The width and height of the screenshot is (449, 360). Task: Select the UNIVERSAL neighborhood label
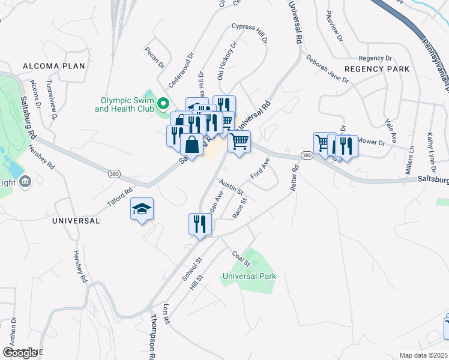pyautogui.click(x=76, y=221)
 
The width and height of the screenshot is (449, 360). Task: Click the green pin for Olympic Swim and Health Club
pyautogui.click(x=161, y=105)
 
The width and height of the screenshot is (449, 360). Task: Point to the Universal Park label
pyautogui.click(x=249, y=277)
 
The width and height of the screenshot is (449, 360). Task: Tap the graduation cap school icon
pyautogui.click(x=142, y=209)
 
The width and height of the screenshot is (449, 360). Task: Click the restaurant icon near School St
pyautogui.click(x=200, y=224)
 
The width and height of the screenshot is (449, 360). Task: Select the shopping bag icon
pyautogui.click(x=191, y=145)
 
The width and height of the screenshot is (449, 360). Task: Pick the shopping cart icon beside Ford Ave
pyautogui.click(x=239, y=142)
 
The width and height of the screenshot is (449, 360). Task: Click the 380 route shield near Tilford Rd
pyautogui.click(x=114, y=173)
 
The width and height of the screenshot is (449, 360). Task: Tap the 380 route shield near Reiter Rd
pyautogui.click(x=307, y=156)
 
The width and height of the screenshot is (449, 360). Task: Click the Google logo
pyautogui.click(x=20, y=353)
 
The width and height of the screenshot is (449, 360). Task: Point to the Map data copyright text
pyautogui.click(x=424, y=355)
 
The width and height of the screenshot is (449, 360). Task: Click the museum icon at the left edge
pyautogui.click(x=25, y=182)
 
